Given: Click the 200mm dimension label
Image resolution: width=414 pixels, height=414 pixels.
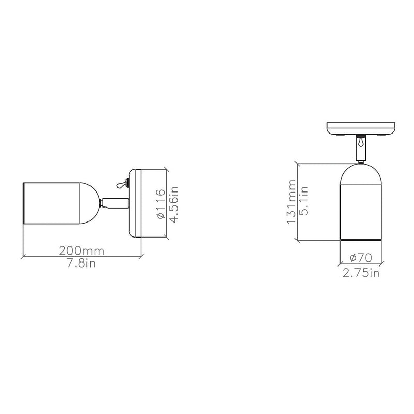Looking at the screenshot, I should pyautogui.click(x=82, y=250).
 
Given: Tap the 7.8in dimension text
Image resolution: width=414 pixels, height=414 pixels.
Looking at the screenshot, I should pyautogui.click(x=82, y=263).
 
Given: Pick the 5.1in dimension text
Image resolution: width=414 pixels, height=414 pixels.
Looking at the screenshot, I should pyautogui.click(x=305, y=203).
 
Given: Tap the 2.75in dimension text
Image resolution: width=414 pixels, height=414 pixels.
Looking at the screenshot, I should pyautogui.click(x=361, y=273).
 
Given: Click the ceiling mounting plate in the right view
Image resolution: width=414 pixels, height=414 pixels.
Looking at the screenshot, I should pyautogui.click(x=361, y=127).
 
